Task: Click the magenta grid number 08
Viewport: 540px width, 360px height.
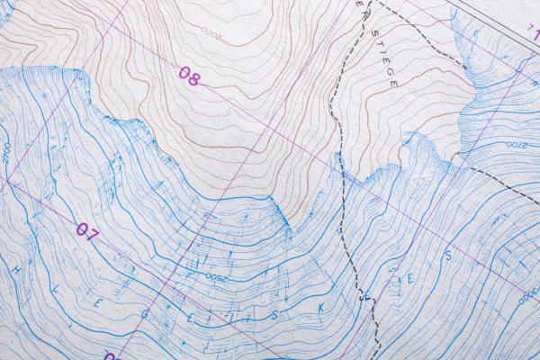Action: (x=188, y=76)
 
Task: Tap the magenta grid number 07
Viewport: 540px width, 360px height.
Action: (x=86, y=232)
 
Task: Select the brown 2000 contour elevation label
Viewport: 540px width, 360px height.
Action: (x=211, y=33)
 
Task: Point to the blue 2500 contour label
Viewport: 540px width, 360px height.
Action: (x=216, y=276)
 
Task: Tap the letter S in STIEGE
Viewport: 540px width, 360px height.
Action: (x=373, y=33)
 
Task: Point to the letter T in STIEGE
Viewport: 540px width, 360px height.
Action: (x=377, y=43)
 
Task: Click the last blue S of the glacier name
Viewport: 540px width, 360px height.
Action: (x=447, y=256)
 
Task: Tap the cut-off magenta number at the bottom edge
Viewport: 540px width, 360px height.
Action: (x=111, y=356)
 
